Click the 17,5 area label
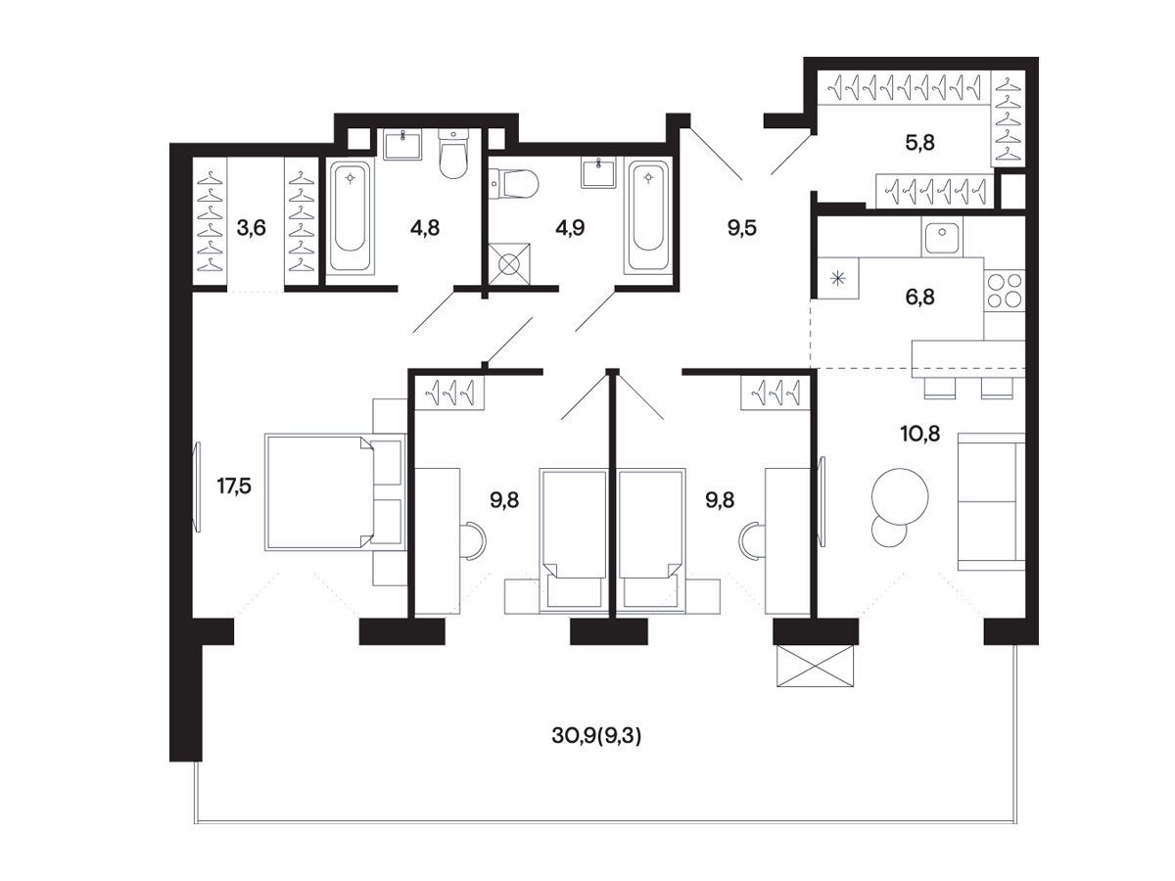coord(234,487)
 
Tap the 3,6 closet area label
coord(251,228)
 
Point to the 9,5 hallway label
coord(742,228)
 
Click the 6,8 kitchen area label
coord(919,297)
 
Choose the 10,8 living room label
coord(920,434)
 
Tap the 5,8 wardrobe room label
coord(919,143)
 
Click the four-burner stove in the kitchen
coord(1005,291)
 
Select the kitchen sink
coord(942,236)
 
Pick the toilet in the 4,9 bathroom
coord(513,183)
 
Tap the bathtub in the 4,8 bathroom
coord(350,217)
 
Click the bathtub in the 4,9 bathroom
coord(648,216)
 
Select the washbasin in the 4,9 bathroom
coord(598,172)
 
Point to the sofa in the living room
coord(991,501)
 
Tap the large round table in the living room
coord(900,496)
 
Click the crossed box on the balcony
coord(815,666)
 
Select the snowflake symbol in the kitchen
coord(838,279)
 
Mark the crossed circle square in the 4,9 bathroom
coord(509,263)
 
